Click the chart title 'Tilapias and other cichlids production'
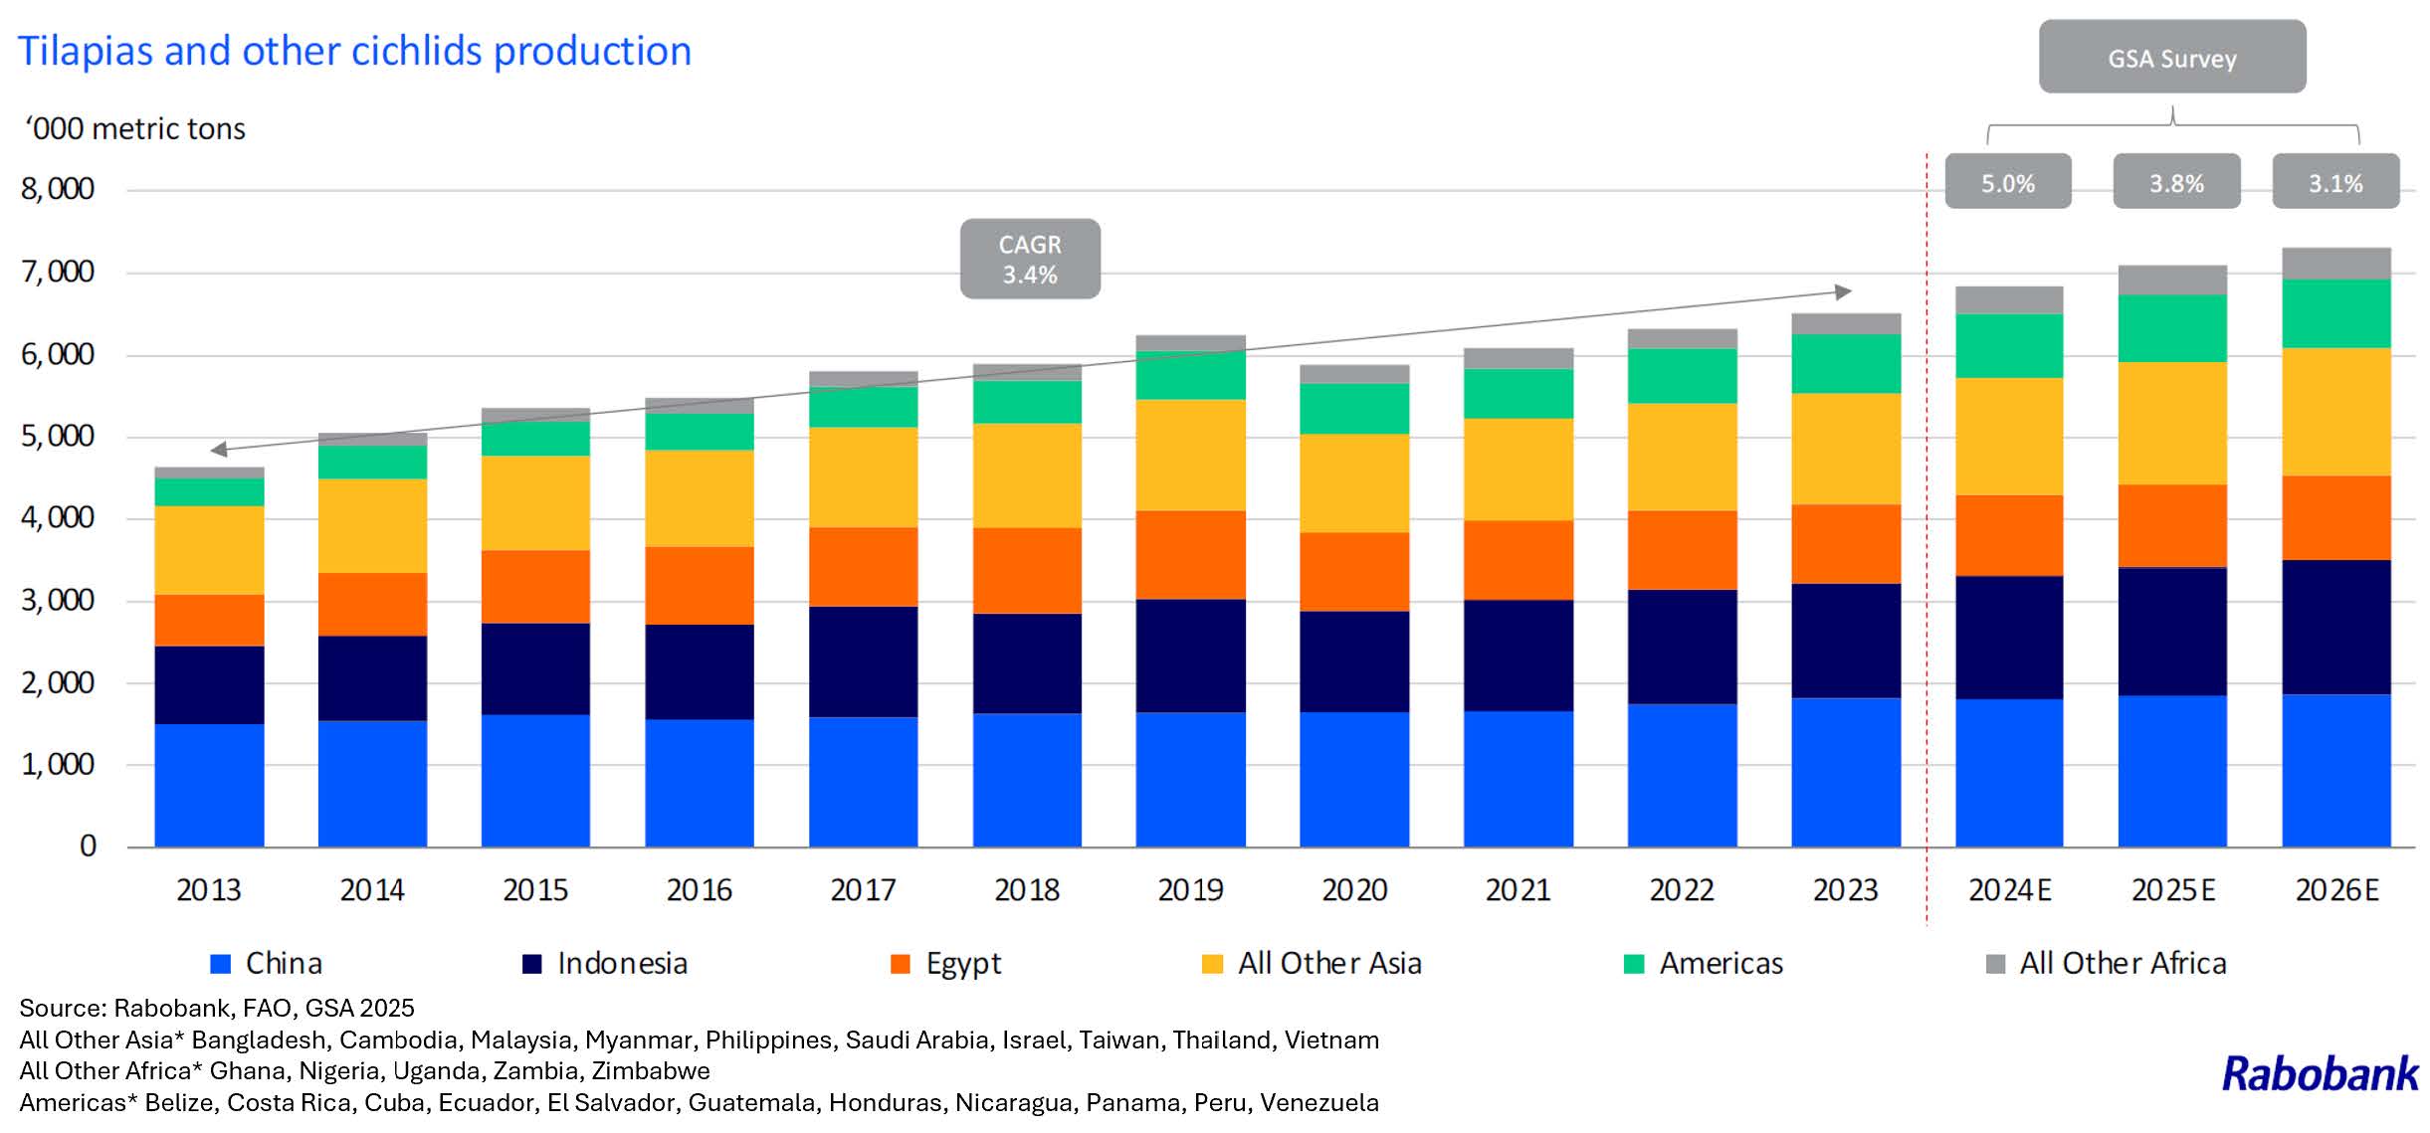click(x=354, y=52)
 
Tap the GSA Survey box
click(x=2171, y=58)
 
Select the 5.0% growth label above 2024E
click(x=2007, y=182)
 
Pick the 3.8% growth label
click(x=2176, y=182)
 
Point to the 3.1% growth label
click(x=2334, y=182)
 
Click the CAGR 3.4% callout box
click(x=1030, y=259)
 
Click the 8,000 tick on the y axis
click(x=58, y=189)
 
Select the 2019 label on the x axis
click(x=1190, y=889)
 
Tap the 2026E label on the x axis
click(x=2336, y=889)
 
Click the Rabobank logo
click(x=2320, y=1074)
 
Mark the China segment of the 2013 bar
click(x=209, y=785)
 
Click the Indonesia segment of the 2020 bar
click(x=1354, y=661)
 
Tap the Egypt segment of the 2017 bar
click(x=863, y=567)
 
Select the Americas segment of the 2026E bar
click(x=2335, y=313)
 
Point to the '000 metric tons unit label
click(x=135, y=129)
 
